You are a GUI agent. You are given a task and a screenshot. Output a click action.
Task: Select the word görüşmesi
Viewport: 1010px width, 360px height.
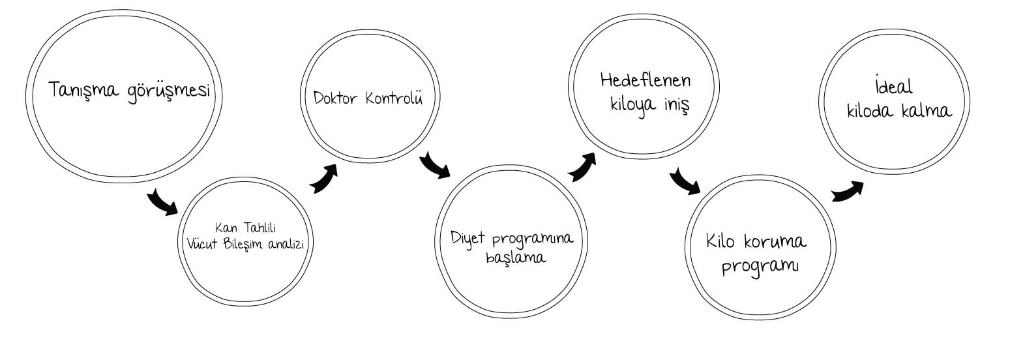170,91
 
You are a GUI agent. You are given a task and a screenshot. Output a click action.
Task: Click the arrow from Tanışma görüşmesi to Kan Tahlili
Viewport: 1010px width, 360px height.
162,202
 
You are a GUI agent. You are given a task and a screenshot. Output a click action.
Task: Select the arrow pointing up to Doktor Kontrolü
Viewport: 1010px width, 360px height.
323,178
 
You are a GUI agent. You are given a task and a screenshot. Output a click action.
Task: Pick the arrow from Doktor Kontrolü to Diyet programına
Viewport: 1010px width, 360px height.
434,166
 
